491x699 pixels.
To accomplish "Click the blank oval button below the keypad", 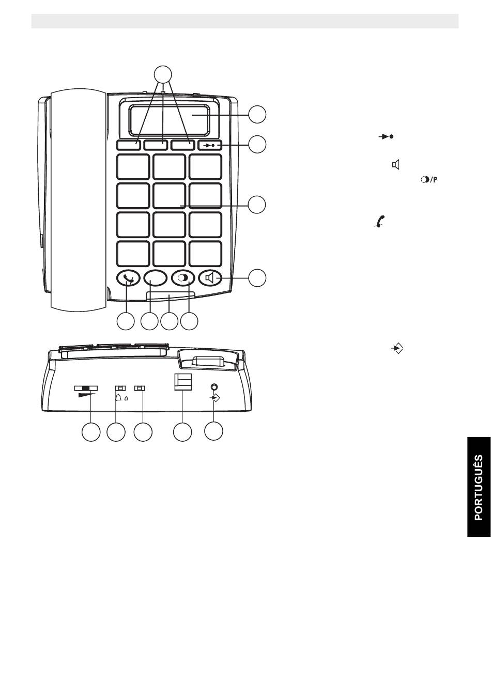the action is (155, 277).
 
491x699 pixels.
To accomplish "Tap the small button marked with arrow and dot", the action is (210, 145).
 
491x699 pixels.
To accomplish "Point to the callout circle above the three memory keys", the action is (163, 74).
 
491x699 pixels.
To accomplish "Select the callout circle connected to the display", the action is (257, 115).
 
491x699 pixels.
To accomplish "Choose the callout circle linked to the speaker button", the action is (257, 278).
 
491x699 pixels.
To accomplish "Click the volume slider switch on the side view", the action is (86, 388).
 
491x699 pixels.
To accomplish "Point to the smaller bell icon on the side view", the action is (126, 398).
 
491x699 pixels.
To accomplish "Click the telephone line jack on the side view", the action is (182, 382).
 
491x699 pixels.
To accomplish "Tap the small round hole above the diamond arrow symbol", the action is (214, 387).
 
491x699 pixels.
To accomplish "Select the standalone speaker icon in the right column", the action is (395, 164).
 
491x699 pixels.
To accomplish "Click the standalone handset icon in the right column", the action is (379, 221).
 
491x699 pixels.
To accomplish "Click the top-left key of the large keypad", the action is (133, 167).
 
